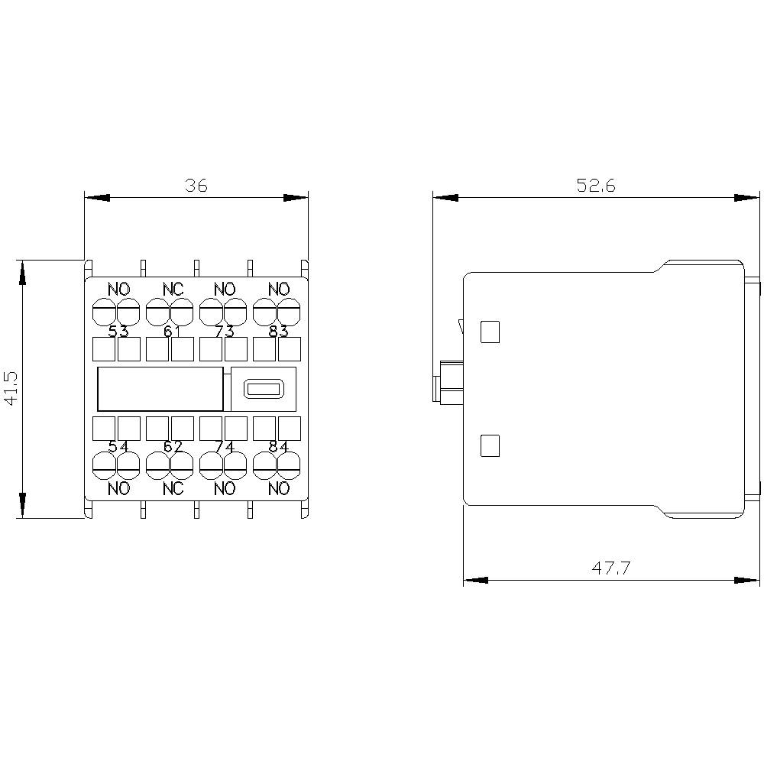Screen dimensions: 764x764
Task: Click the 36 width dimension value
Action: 196,186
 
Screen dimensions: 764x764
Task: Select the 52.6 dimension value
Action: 596,186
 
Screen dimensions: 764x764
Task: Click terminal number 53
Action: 118,331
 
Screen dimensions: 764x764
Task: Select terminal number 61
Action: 172,331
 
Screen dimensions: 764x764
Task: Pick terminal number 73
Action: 225,331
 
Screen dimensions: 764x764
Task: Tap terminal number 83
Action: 278,331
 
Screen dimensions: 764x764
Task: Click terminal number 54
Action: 118,447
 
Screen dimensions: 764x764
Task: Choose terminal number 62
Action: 172,447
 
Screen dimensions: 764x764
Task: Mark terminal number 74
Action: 225,447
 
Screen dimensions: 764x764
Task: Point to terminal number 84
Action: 278,447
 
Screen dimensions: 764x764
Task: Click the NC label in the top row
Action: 173,290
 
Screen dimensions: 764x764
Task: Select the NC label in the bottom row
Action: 173,489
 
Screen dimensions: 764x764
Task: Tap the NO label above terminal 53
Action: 118,290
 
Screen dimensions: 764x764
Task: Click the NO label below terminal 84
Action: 279,489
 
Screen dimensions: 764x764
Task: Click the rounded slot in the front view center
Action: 263,390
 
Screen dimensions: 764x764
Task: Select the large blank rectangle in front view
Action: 160,390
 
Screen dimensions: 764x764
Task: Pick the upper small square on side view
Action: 489,332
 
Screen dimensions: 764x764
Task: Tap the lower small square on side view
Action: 489,445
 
